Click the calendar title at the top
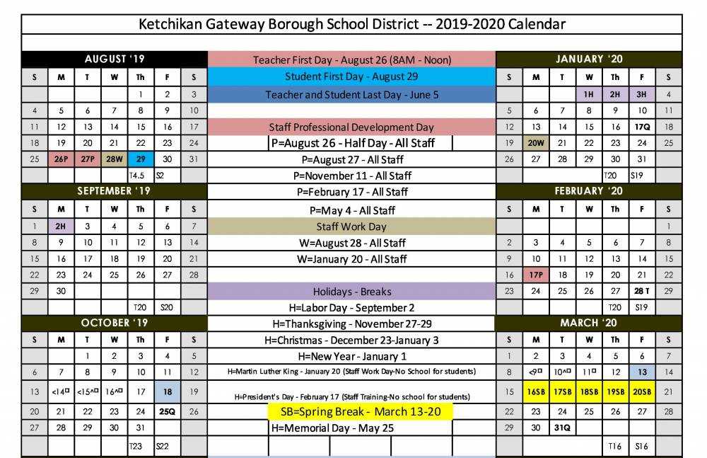(x=352, y=24)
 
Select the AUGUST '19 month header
(x=115, y=59)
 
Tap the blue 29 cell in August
(x=141, y=159)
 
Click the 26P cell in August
(x=62, y=159)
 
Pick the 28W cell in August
(x=114, y=159)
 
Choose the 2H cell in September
(x=62, y=226)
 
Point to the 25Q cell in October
(x=167, y=411)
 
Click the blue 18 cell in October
(x=167, y=391)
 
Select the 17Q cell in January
(x=641, y=127)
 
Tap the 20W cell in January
(x=536, y=143)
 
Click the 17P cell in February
(x=536, y=275)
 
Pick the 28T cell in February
(x=641, y=291)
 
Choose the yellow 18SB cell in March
(x=588, y=391)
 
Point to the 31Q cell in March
(x=562, y=428)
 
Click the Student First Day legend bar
(x=351, y=76)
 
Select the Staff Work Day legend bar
(x=351, y=227)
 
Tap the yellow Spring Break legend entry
(x=361, y=412)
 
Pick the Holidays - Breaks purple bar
(x=351, y=292)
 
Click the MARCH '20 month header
(x=588, y=323)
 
